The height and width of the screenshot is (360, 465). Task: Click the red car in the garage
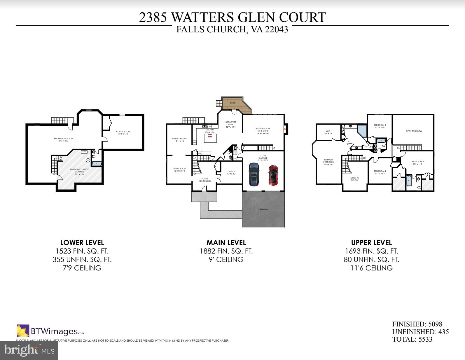(x=273, y=175)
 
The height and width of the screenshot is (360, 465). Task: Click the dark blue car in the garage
(x=254, y=174)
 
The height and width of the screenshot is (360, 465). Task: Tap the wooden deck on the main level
(x=235, y=104)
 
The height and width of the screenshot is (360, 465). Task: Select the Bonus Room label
(x=123, y=132)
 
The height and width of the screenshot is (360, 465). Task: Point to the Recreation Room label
(x=63, y=139)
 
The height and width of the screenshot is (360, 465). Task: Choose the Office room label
(x=231, y=172)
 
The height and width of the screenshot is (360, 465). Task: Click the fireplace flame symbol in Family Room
(x=284, y=128)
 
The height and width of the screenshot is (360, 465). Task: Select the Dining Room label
(x=179, y=140)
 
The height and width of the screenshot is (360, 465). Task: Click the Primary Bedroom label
(x=328, y=162)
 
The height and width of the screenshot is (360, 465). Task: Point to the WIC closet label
(x=328, y=132)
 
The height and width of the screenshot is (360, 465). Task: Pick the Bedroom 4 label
(x=380, y=126)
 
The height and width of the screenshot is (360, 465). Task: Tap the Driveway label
(x=263, y=209)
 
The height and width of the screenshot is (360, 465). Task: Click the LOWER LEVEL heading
(x=82, y=242)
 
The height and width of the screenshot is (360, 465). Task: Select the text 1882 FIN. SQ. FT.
(x=226, y=251)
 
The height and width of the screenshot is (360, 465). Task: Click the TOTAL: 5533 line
(x=412, y=339)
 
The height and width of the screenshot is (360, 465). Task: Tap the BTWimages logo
(x=50, y=331)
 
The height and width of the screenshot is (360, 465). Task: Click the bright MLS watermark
(x=29, y=350)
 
